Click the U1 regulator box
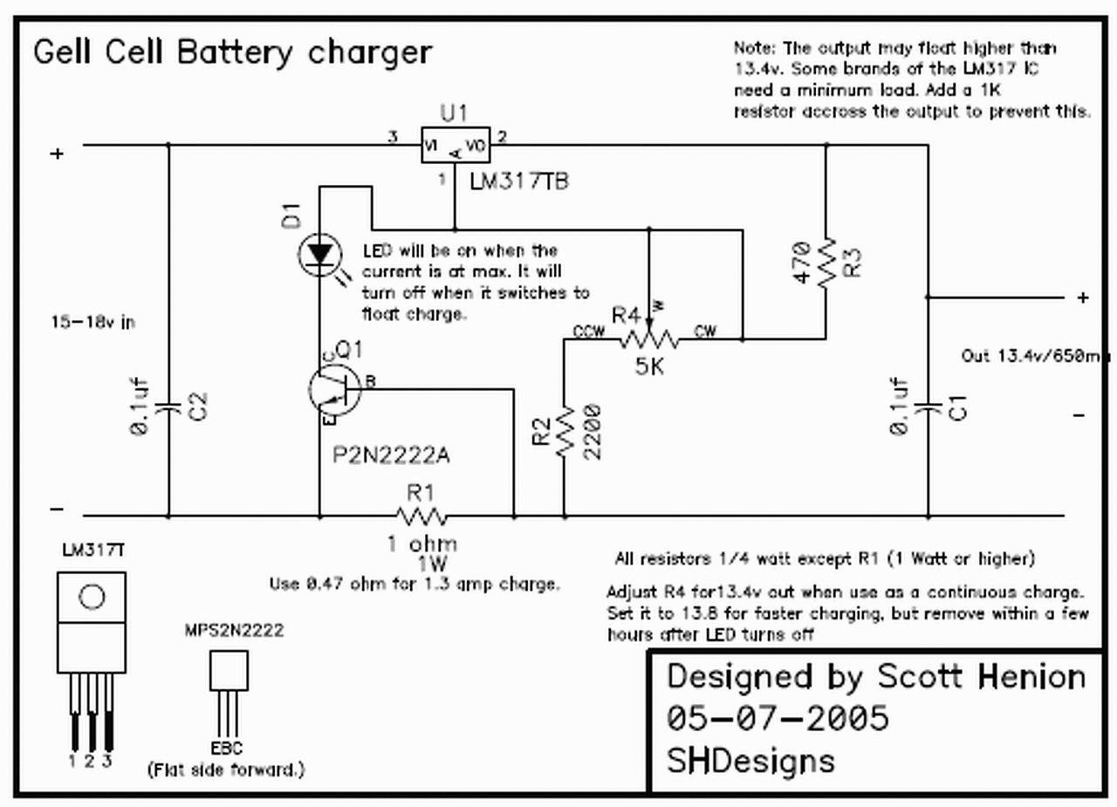point(455,146)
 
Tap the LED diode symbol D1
point(318,255)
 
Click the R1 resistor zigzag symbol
point(421,516)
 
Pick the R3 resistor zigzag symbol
point(825,258)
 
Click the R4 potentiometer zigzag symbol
point(648,337)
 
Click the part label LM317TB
point(518,182)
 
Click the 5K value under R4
point(648,367)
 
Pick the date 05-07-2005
point(778,718)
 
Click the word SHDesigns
point(750,760)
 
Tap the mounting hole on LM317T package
point(92,597)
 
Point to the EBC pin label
point(227,748)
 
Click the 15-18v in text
point(93,322)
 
